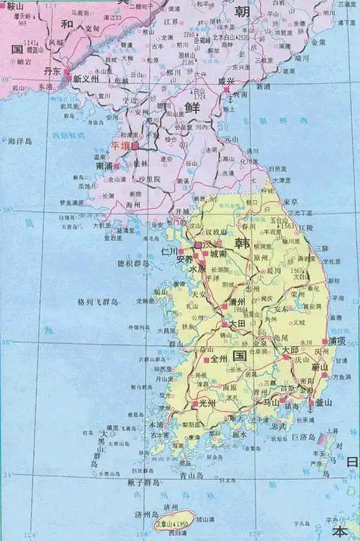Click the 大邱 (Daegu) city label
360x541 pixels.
click(x=291, y=350)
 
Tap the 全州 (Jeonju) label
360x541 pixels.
click(x=220, y=358)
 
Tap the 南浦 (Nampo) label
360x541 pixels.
click(x=104, y=165)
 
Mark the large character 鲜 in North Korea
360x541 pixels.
click(x=192, y=106)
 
